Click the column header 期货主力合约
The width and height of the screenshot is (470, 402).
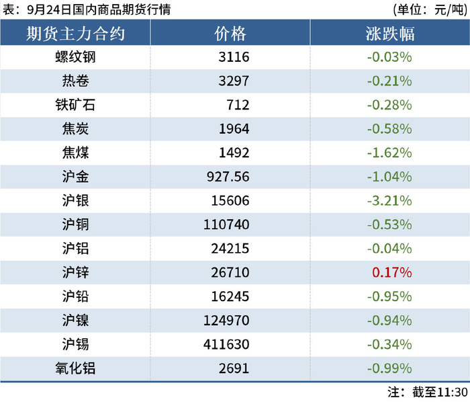click(75, 34)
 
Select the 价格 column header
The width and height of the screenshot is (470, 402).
click(230, 34)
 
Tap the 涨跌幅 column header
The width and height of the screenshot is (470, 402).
click(390, 34)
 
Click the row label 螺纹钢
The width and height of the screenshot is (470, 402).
click(75, 57)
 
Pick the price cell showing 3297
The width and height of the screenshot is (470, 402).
click(234, 81)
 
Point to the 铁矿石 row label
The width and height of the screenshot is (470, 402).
click(75, 105)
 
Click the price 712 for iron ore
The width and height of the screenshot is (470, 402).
click(238, 105)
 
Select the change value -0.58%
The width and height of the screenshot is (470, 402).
click(389, 128)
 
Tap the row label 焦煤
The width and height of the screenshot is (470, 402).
click(75, 153)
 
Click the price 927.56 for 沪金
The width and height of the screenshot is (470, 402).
click(228, 177)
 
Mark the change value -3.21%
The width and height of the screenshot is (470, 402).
click(389, 201)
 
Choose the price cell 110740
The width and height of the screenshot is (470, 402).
click(226, 225)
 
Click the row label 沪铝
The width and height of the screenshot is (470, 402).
click(75, 249)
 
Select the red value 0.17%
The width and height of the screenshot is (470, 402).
click(392, 272)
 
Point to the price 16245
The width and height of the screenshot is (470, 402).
click(230, 296)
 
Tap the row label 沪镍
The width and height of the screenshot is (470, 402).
click(75, 320)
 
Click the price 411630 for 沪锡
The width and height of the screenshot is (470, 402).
click(226, 344)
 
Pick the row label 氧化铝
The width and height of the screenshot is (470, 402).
click(75, 368)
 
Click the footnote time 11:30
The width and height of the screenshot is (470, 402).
click(453, 392)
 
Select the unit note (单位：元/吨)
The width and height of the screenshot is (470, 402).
click(430, 9)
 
